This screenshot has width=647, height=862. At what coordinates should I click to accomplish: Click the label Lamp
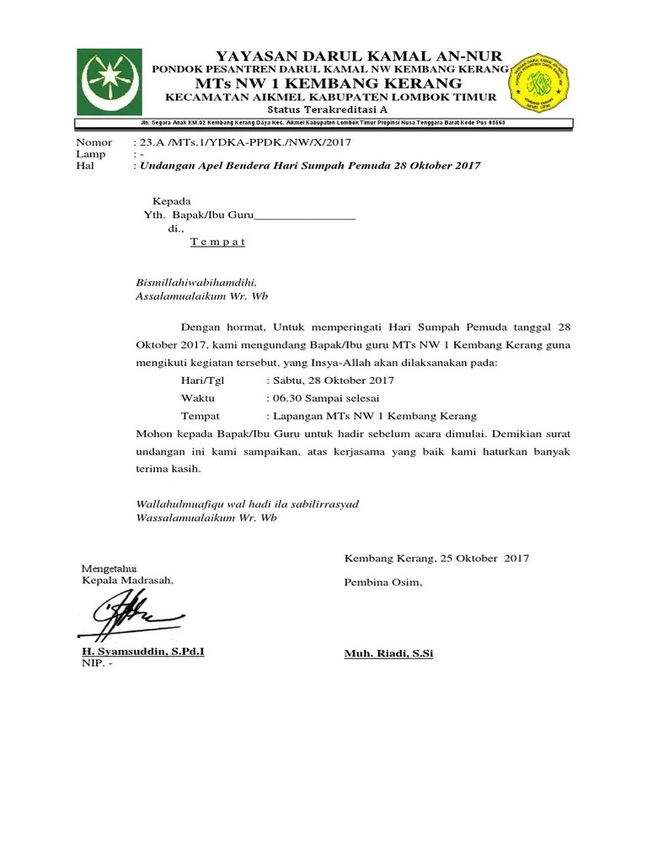point(91,154)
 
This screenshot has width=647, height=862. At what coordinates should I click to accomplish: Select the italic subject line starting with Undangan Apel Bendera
point(310,166)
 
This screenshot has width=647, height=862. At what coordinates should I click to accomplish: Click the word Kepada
point(172,202)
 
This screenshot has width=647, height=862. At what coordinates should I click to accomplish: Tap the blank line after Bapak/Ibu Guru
point(305,216)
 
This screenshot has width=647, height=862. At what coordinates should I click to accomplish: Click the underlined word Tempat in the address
point(217,242)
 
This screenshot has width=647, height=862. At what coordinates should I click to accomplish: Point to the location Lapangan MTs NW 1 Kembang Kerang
point(372,416)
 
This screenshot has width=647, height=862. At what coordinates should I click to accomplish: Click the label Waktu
point(198,397)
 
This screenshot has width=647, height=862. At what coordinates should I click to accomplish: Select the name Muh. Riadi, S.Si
point(388,653)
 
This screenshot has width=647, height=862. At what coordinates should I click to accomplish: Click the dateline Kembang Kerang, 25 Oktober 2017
point(436,558)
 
